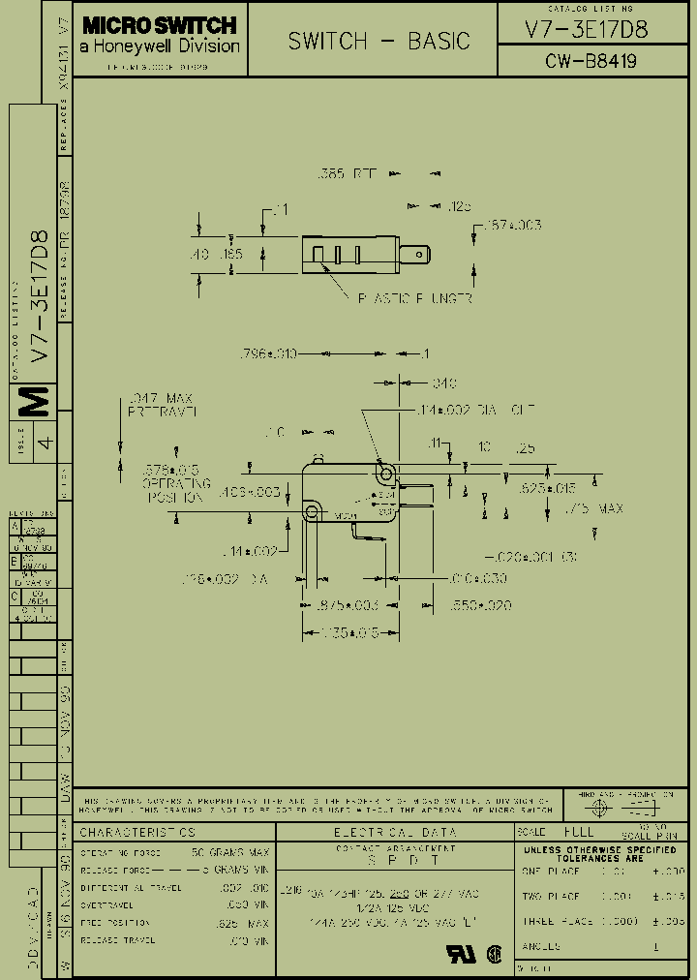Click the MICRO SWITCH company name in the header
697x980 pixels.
tap(159, 25)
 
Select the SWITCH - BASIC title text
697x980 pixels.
tap(379, 41)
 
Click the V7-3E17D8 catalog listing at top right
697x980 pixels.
tap(586, 29)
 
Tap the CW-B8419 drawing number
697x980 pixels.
tap(591, 62)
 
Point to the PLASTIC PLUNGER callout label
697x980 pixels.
tap(415, 299)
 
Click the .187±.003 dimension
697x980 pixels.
tap(510, 226)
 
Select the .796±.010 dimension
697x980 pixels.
tap(267, 354)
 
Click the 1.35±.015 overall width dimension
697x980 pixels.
tap(339, 633)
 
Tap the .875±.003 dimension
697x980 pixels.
tap(347, 605)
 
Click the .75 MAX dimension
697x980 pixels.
tap(594, 508)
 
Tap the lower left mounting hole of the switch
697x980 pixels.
tap(312, 509)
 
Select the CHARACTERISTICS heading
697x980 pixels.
tap(137, 832)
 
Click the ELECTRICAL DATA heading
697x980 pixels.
tap(395, 832)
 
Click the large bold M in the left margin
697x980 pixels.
tap(35, 399)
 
